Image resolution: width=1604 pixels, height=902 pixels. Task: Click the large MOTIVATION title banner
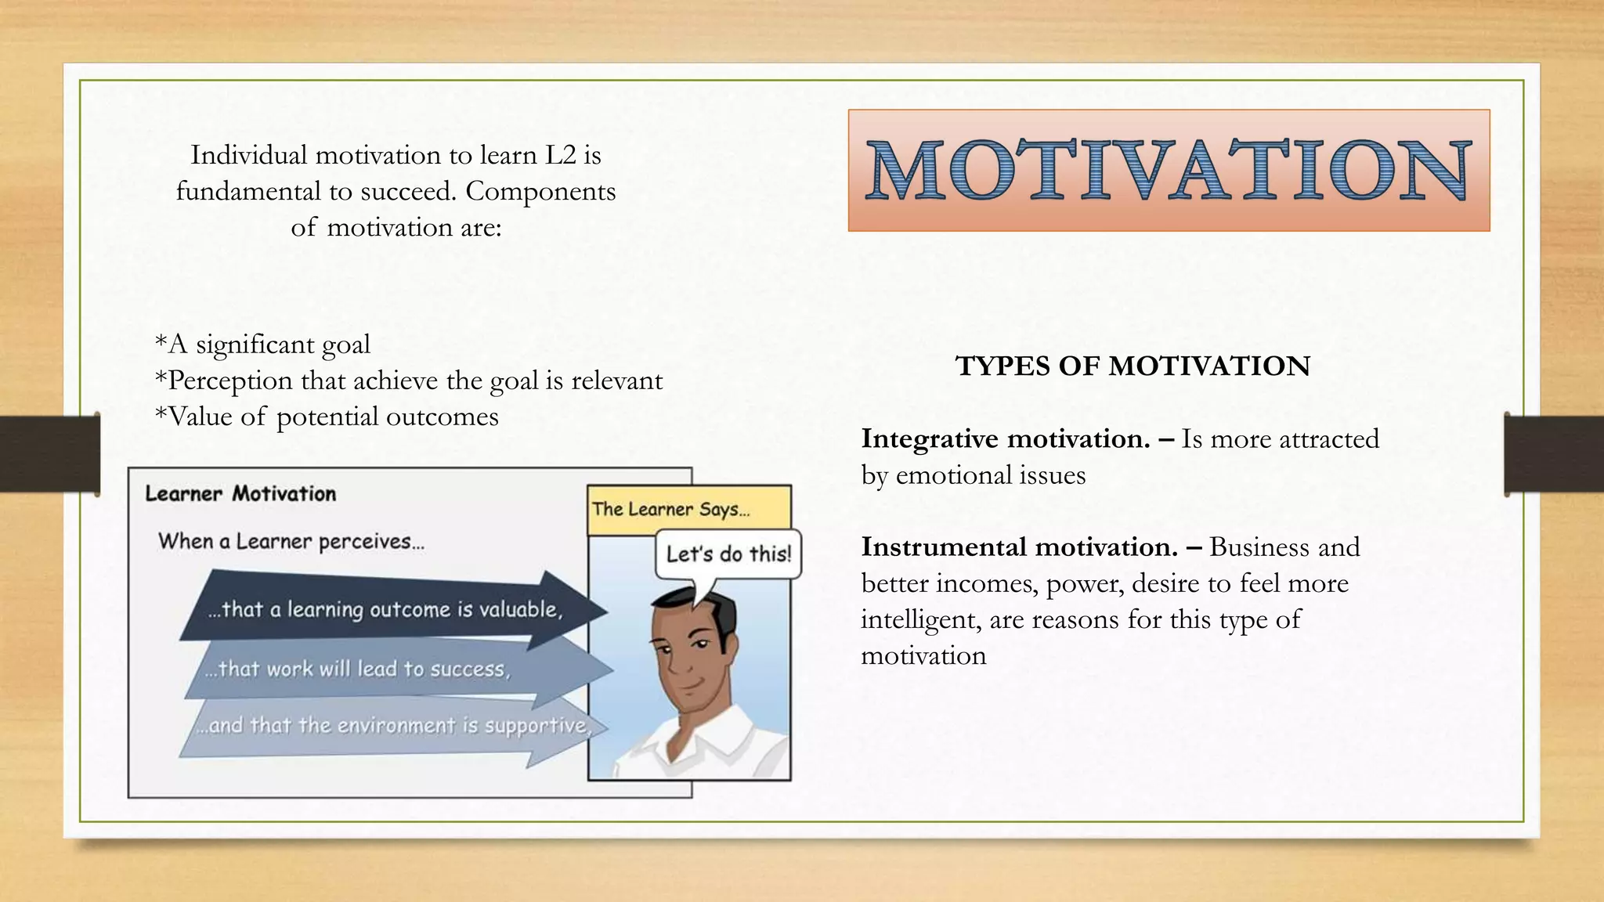pyautogui.click(x=1169, y=170)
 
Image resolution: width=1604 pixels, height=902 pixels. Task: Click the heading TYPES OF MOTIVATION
pyautogui.click(x=1133, y=366)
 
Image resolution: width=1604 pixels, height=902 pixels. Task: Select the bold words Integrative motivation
pyautogui.click(x=1006, y=438)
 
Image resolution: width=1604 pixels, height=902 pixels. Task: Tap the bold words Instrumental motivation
pyautogui.click(x=1019, y=547)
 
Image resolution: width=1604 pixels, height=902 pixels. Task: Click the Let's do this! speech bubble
pyautogui.click(x=728, y=554)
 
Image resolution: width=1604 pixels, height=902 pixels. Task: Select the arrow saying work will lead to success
pyautogui.click(x=357, y=669)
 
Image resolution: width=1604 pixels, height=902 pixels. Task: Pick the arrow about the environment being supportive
pyautogui.click(x=392, y=726)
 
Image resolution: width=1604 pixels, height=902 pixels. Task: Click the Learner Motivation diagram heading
pyautogui.click(x=240, y=493)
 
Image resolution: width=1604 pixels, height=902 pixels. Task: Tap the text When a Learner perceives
pyautogui.click(x=291, y=541)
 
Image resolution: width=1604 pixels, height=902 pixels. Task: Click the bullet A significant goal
pyautogui.click(x=262, y=344)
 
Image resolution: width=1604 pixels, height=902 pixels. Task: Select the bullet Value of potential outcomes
pyautogui.click(x=327, y=416)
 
